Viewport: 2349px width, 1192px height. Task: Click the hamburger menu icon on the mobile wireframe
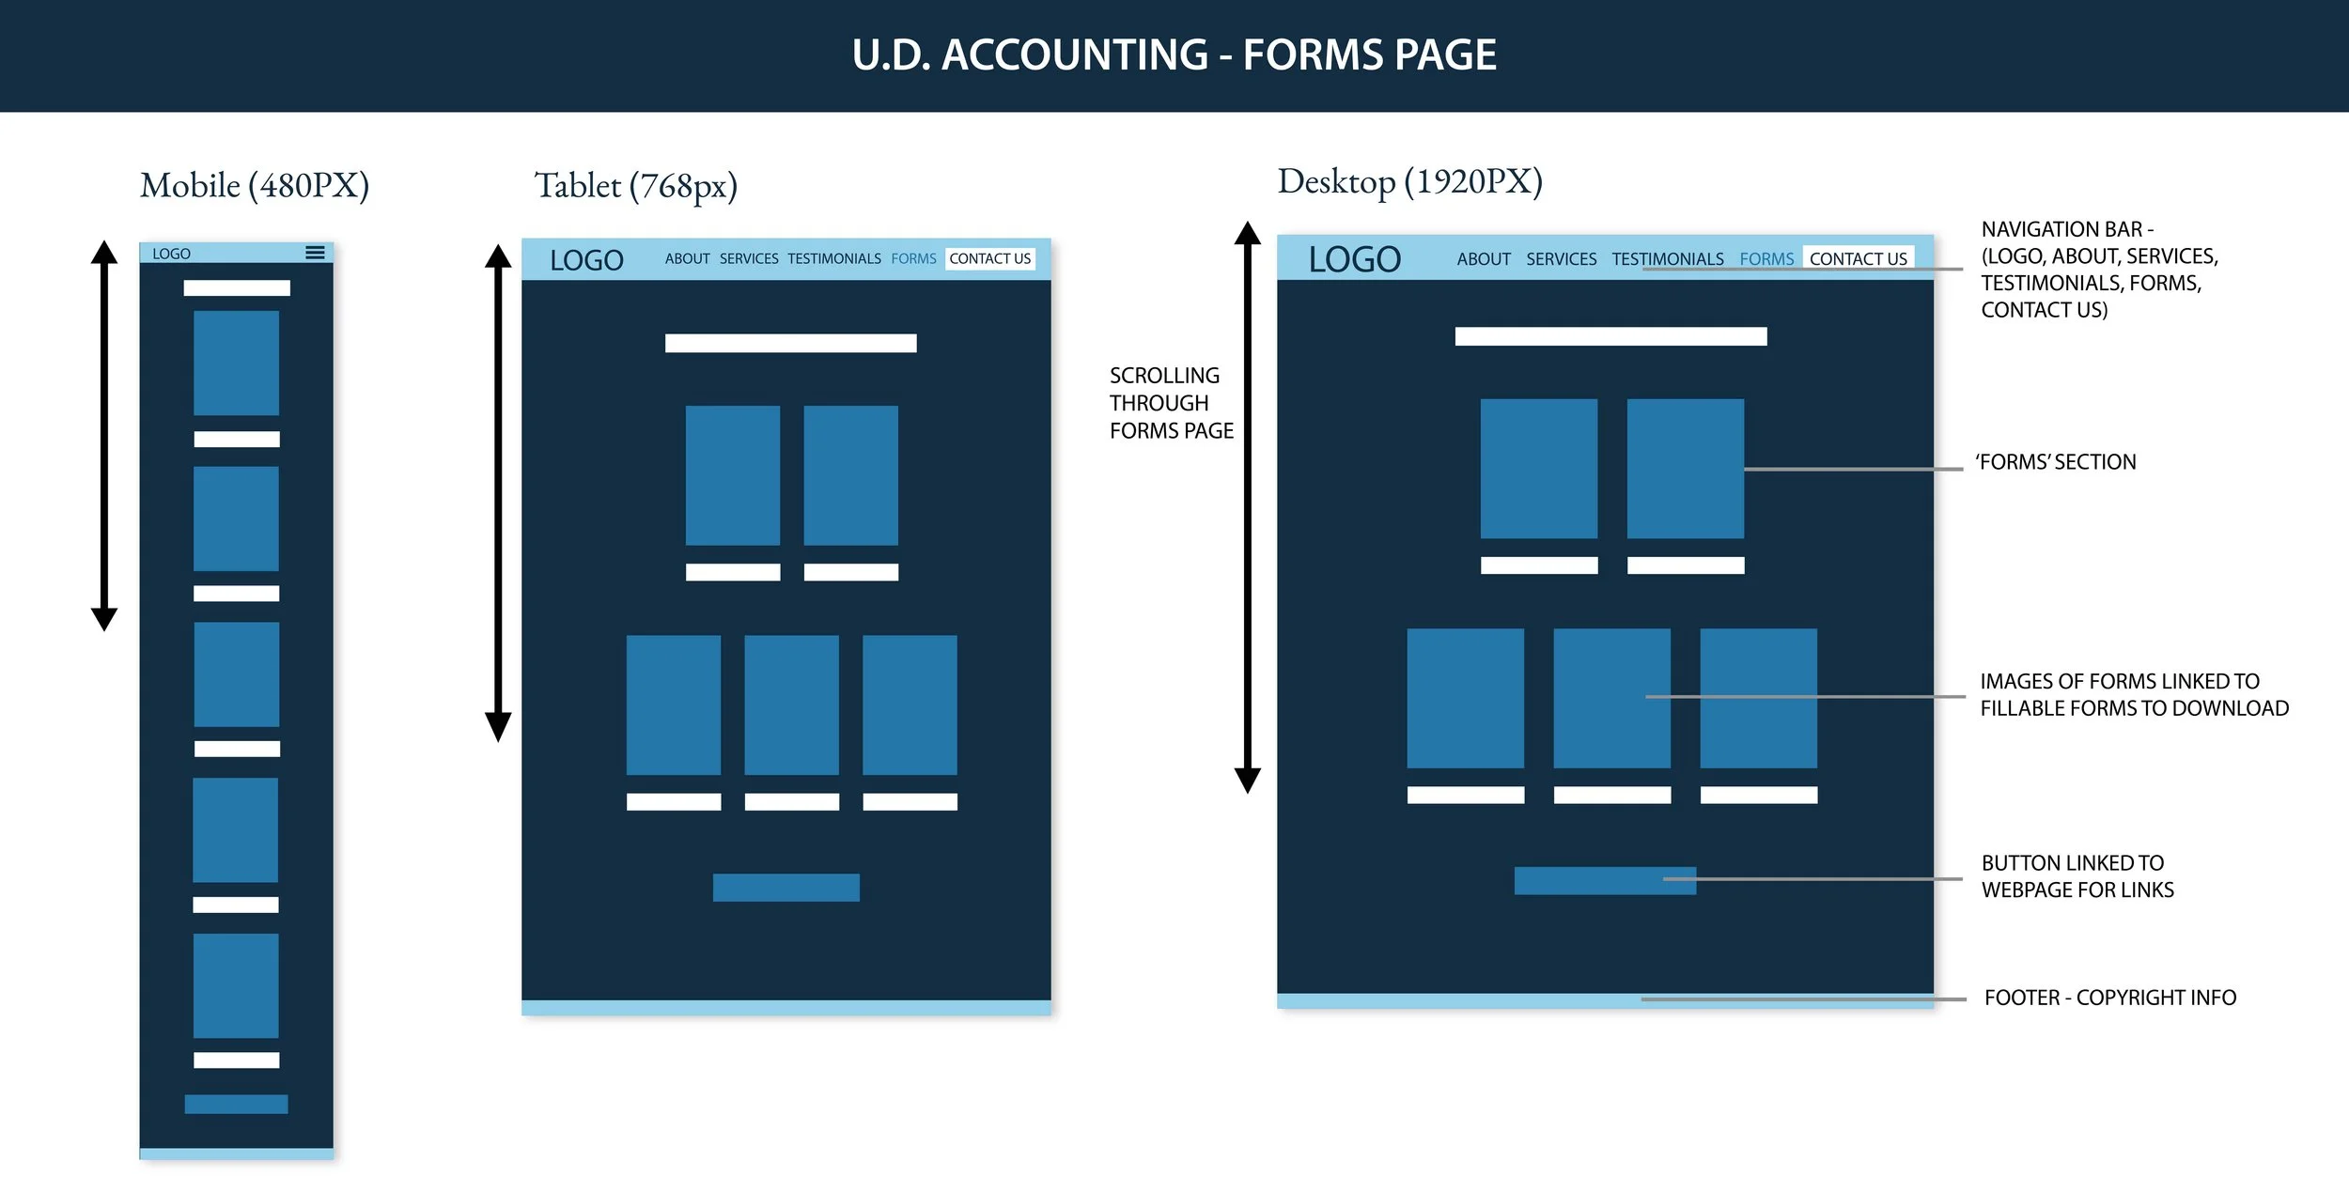click(315, 253)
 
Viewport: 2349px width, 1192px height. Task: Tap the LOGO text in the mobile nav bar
click(171, 254)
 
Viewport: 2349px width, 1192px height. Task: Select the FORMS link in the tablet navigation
click(913, 258)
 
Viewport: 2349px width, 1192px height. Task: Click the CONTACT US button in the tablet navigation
click(989, 258)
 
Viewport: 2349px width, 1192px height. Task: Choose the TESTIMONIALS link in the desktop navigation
click(1667, 258)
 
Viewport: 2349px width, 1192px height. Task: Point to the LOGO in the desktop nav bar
click(1354, 259)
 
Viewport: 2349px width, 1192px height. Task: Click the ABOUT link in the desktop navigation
click(1484, 258)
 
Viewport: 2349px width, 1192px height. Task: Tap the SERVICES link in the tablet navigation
click(749, 258)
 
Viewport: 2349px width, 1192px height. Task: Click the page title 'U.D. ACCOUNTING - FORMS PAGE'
click(1174, 54)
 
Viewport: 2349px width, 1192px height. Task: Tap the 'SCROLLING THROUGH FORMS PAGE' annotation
click(1170, 403)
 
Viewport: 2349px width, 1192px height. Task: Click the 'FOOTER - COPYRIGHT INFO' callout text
click(2109, 998)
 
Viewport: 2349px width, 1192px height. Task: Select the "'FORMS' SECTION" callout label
click(2055, 462)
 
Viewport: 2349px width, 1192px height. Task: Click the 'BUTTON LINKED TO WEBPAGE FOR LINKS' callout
click(2077, 876)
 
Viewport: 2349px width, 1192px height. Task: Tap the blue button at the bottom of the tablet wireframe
click(786, 888)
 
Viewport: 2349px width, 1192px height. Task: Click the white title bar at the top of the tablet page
click(790, 343)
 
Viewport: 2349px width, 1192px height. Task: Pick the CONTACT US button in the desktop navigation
click(1858, 258)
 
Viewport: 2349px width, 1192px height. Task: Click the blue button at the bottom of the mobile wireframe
click(236, 1104)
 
